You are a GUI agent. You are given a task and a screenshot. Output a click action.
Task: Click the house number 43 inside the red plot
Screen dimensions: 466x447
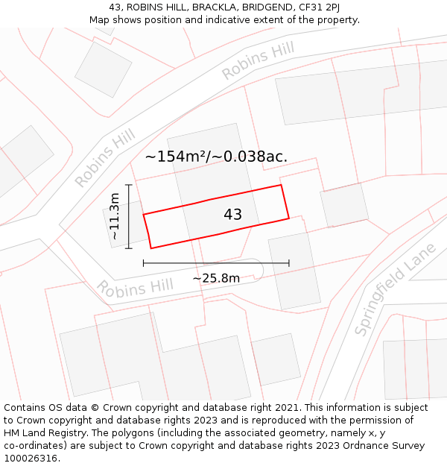(x=232, y=215)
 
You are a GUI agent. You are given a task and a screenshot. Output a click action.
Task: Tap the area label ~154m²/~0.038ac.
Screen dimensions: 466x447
(x=216, y=157)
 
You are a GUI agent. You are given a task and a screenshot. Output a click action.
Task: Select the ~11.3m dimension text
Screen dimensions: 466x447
(x=114, y=216)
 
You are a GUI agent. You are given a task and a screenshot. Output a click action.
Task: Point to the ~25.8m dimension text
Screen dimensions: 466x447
(x=216, y=278)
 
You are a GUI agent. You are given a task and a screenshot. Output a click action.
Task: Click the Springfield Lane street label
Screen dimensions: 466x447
(x=394, y=292)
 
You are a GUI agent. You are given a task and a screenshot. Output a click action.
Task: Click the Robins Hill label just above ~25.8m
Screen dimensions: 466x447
(x=134, y=287)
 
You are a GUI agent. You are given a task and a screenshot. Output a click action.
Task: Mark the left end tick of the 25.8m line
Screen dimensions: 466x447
(x=143, y=263)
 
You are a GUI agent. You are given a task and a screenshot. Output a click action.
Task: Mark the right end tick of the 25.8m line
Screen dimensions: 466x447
(x=289, y=263)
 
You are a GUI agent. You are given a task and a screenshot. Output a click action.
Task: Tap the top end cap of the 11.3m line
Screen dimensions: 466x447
(x=129, y=185)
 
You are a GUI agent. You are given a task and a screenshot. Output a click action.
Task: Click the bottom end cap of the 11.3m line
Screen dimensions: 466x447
(x=129, y=248)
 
